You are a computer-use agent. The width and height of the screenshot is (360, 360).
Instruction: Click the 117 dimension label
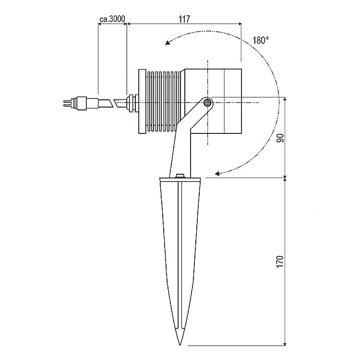coord(184,19)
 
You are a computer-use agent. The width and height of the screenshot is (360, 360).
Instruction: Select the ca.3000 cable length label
coord(112,19)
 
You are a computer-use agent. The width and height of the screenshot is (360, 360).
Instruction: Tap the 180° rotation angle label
coord(261,40)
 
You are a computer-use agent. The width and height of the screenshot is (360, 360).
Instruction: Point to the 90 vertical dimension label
coord(280,138)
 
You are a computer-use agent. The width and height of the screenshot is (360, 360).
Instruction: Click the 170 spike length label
coord(280,261)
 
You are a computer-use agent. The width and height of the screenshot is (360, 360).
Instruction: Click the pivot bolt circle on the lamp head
coord(207,103)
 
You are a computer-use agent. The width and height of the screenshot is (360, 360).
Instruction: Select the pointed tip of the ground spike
coord(180,345)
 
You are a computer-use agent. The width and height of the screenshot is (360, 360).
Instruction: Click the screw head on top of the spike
coord(180,176)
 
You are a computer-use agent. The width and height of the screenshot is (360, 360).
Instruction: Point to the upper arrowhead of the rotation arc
coord(168,42)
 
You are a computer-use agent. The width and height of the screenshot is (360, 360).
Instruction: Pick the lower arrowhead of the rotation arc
coord(217,173)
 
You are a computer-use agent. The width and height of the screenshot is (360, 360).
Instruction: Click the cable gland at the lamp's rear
coord(132,103)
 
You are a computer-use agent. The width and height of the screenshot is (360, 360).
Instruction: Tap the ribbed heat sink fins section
coord(163,101)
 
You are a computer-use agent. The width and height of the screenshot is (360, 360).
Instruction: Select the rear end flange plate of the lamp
coord(143,101)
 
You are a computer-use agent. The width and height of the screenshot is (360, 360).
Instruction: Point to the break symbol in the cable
coord(113,103)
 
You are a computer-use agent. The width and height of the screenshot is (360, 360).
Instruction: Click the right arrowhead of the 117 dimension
coord(240,24)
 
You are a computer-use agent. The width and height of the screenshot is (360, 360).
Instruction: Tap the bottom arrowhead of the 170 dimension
coord(285,343)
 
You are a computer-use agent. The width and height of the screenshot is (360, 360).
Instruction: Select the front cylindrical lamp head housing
coord(213,101)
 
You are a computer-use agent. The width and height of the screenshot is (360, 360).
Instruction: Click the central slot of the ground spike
coord(180,255)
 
